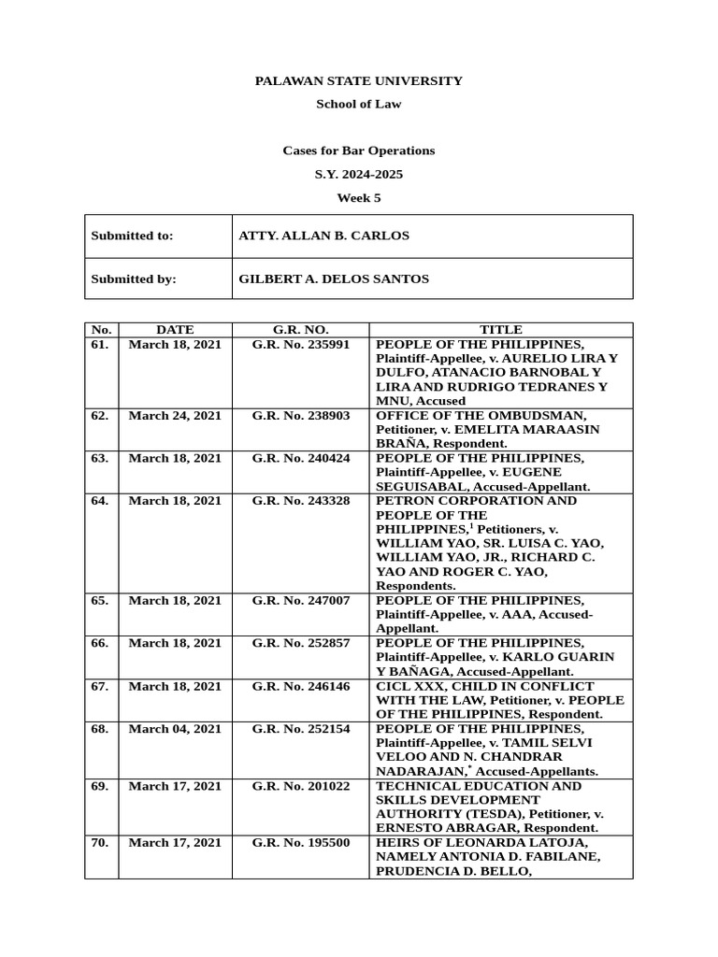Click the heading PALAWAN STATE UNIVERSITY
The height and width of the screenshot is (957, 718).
click(359, 81)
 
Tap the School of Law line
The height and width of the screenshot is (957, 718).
click(359, 104)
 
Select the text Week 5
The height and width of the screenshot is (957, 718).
click(359, 198)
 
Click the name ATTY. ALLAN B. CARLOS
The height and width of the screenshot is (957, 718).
click(324, 236)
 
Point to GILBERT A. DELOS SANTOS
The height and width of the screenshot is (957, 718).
click(334, 279)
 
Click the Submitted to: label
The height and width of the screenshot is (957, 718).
click(132, 236)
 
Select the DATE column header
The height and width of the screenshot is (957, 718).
click(175, 330)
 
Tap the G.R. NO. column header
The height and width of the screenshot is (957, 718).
click(301, 330)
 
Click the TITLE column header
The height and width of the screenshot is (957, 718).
click(501, 330)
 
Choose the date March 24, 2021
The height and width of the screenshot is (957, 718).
click(175, 416)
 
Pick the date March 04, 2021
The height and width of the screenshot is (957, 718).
click(175, 729)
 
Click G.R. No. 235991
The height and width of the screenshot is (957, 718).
click(301, 344)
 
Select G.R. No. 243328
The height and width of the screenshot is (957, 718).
click(301, 501)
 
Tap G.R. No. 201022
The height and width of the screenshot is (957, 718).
click(301, 786)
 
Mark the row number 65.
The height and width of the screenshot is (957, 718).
click(100, 600)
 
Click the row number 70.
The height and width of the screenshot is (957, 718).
click(100, 843)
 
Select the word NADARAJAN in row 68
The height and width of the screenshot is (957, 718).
click(417, 772)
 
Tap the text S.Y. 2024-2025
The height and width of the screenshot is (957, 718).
click(359, 175)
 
